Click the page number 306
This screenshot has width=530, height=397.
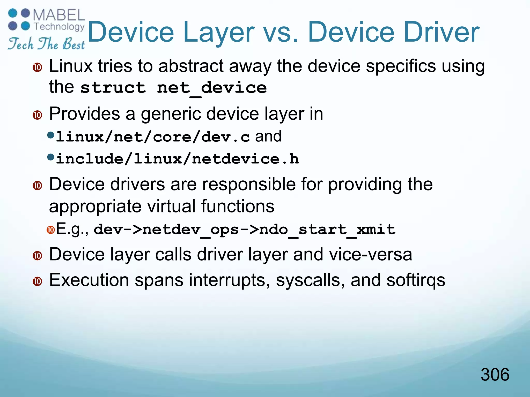tap(495, 375)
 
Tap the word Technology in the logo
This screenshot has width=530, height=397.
tap(59, 26)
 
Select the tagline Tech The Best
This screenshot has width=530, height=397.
tap(46, 44)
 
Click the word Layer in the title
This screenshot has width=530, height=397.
tap(219, 33)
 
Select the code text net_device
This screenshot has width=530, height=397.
tap(212, 88)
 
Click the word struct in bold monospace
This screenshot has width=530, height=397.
tap(113, 88)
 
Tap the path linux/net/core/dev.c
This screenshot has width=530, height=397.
tap(153, 137)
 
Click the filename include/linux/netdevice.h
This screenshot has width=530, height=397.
tap(178, 159)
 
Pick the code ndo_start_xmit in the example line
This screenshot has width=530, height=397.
tap(327, 230)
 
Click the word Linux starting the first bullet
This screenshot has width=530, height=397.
tap(71, 66)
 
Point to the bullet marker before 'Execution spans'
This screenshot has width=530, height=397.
tap(38, 281)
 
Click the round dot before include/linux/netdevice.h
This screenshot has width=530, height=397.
tap(51, 157)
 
